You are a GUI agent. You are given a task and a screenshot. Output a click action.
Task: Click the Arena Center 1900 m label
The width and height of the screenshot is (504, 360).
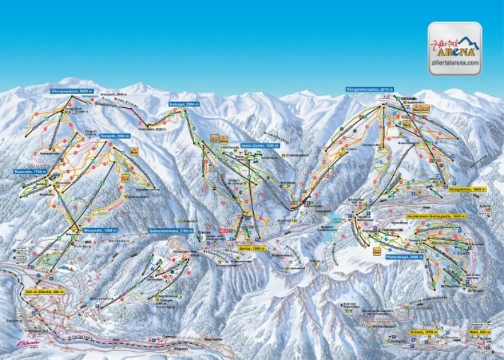tap(241, 144)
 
